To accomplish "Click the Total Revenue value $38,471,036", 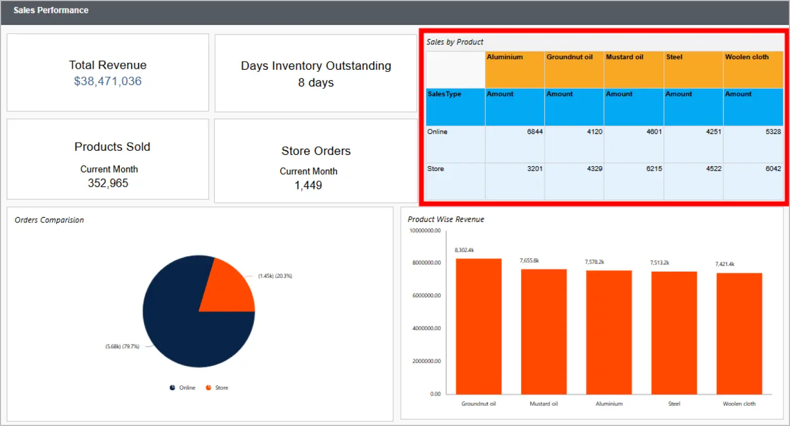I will click(x=108, y=81).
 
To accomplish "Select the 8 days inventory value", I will click(x=316, y=83).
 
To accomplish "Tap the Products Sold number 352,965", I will click(x=108, y=183).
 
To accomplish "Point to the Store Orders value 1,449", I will click(x=308, y=185).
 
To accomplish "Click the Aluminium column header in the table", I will click(x=505, y=57).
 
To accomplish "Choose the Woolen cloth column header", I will click(x=746, y=57).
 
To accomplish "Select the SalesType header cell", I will click(x=444, y=94).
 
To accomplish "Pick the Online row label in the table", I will click(x=437, y=132).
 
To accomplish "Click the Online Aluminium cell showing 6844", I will click(x=534, y=132).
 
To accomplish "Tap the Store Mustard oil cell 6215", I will click(x=653, y=169).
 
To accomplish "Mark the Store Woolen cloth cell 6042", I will click(x=772, y=169).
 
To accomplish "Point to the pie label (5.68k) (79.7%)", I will click(x=122, y=346).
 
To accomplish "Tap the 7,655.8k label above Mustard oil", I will click(x=529, y=260).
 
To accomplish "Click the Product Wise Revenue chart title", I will click(x=446, y=219).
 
